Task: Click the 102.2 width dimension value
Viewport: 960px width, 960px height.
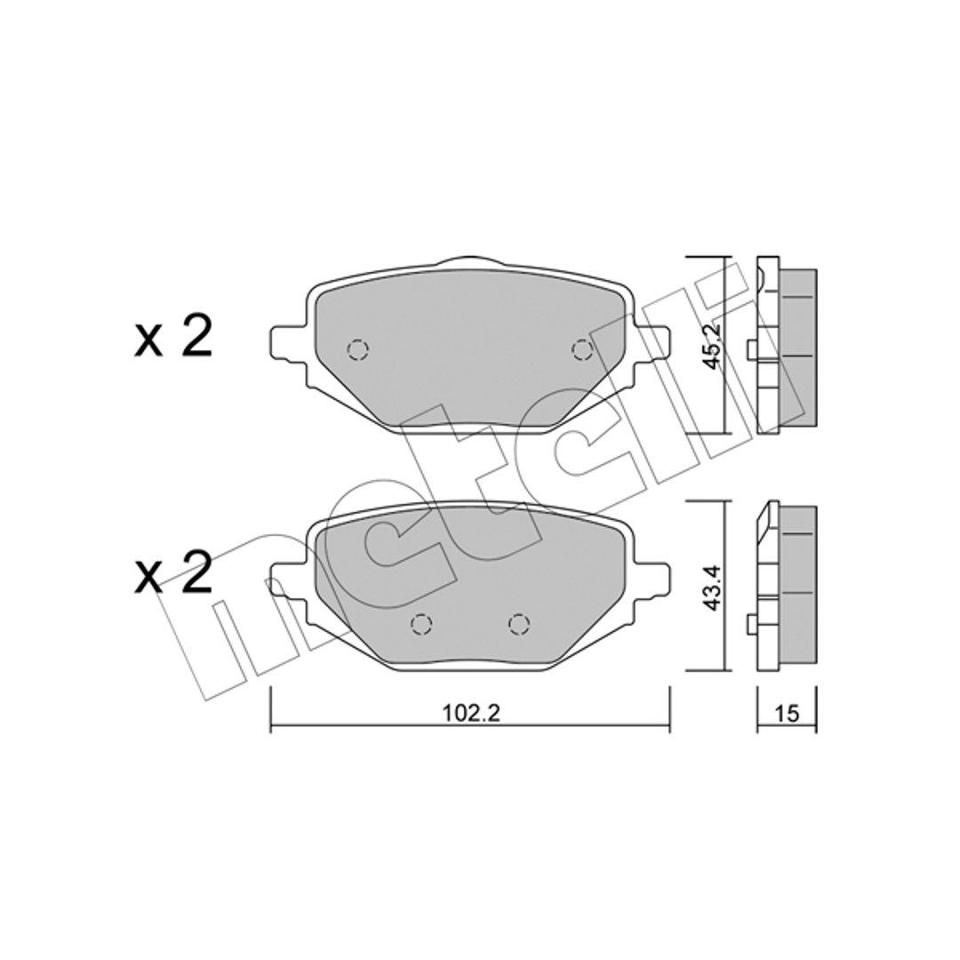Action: pyautogui.click(x=470, y=713)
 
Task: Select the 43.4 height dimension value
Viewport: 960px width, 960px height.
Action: pyautogui.click(x=712, y=588)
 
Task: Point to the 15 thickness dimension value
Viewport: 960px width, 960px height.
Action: pyautogui.click(x=787, y=713)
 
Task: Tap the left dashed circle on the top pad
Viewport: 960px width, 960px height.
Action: pyautogui.click(x=357, y=350)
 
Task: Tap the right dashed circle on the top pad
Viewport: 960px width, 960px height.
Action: pyautogui.click(x=581, y=350)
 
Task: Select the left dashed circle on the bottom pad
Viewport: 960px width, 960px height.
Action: pyautogui.click(x=421, y=624)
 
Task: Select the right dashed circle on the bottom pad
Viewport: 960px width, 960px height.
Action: pyautogui.click(x=518, y=624)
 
